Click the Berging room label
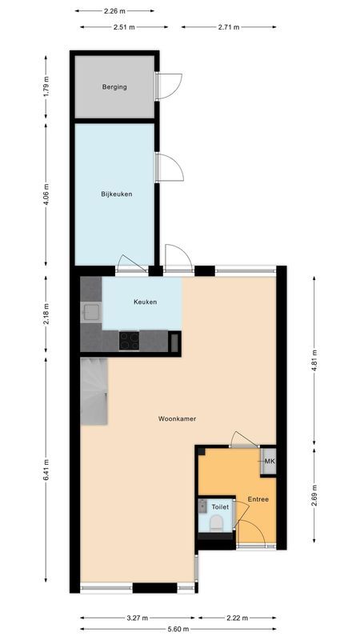(114, 87)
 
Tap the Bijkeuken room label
(116, 194)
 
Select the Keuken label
(145, 302)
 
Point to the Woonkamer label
(177, 418)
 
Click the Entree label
(258, 500)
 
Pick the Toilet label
(220, 507)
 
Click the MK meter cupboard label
(270, 462)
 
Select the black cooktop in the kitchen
(129, 340)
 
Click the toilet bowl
(214, 524)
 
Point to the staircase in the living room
(94, 391)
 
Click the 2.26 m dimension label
(115, 11)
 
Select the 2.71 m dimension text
(230, 26)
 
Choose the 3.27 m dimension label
(138, 618)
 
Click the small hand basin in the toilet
(204, 506)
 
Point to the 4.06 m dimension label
(46, 194)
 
